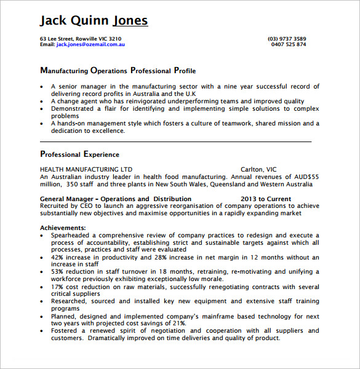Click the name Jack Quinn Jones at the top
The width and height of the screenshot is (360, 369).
[x=94, y=21]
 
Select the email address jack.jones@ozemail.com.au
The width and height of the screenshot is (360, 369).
[x=91, y=44]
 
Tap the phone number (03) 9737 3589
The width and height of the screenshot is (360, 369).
[x=287, y=39]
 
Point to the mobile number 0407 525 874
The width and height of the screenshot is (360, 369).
[x=288, y=44]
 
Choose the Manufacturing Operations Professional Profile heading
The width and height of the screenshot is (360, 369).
[x=118, y=71]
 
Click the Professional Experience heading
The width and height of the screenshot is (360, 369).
[x=79, y=154]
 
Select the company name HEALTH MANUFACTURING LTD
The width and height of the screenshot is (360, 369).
[x=86, y=169]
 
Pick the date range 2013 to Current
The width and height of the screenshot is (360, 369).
[x=266, y=199]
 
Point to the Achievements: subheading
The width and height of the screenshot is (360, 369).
[x=63, y=228]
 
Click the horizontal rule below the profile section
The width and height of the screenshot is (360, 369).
[x=175, y=141]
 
